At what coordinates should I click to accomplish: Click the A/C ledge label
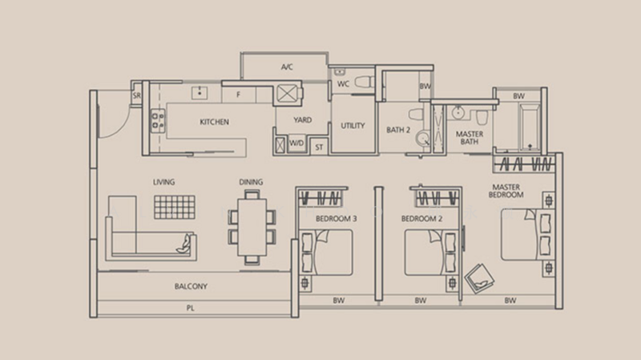[x=287, y=67]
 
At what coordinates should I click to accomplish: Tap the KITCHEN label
[x=214, y=122]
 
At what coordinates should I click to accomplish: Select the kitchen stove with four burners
[x=158, y=121]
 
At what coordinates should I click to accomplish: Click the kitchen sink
[x=200, y=93]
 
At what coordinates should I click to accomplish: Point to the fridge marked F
[x=239, y=95]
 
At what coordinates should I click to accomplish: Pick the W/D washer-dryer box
[x=296, y=144]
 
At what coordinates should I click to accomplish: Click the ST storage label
[x=319, y=148]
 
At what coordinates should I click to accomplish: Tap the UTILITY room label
[x=353, y=126]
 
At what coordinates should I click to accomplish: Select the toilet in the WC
[x=365, y=82]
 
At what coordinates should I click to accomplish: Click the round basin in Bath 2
[x=423, y=138]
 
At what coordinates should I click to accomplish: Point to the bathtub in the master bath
[x=530, y=127]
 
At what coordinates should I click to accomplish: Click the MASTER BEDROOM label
[x=506, y=191]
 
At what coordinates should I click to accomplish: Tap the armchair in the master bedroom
[x=479, y=278]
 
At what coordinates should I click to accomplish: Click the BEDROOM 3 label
[x=336, y=219]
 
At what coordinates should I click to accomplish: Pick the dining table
[x=252, y=227]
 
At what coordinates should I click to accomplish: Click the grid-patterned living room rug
[x=175, y=207]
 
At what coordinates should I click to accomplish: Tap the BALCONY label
[x=191, y=286]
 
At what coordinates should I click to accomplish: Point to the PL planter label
[x=191, y=308]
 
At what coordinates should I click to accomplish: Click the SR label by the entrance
[x=136, y=95]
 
